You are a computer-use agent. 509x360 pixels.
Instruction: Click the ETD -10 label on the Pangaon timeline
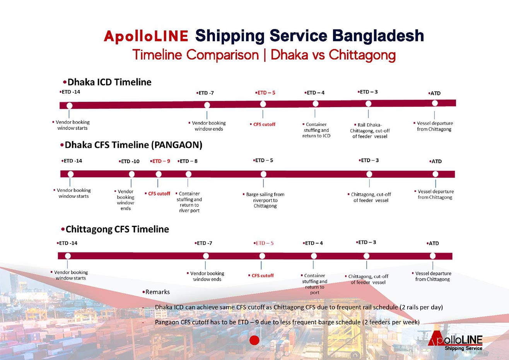click(129, 161)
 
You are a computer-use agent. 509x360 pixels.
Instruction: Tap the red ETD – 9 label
click(160, 161)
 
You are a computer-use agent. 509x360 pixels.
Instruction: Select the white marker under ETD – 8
click(188, 174)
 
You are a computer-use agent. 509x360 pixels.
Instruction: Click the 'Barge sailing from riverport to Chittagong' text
click(264, 200)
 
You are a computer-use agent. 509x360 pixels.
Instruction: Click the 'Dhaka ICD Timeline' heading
click(107, 82)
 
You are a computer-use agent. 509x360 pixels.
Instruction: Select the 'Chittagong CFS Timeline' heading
click(115, 229)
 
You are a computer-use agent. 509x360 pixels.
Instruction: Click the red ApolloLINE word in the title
click(146, 36)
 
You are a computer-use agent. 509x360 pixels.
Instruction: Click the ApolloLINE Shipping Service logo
click(455, 341)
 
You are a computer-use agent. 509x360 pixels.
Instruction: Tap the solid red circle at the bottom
click(254, 340)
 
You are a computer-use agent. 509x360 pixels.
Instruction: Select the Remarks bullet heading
click(156, 292)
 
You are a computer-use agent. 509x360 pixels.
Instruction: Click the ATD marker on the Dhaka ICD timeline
click(435, 103)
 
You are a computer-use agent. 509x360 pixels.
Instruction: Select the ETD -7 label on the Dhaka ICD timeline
click(205, 93)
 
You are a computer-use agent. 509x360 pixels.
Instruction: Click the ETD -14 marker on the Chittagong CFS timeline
click(68, 256)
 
